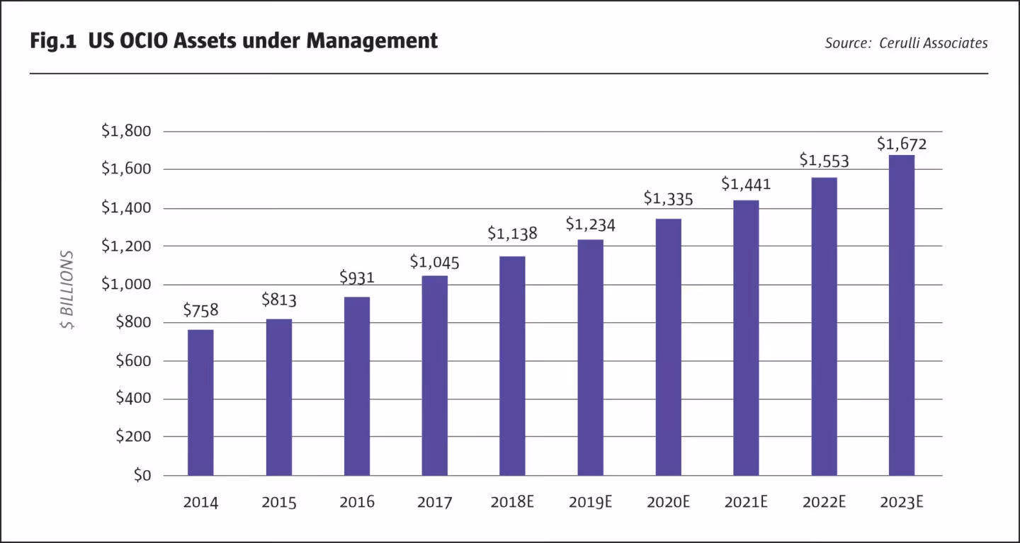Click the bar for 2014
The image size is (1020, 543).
(200, 402)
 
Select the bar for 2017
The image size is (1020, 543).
(434, 375)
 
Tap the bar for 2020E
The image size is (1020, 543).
(668, 347)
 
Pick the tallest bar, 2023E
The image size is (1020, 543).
(902, 315)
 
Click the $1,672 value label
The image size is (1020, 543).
(902, 144)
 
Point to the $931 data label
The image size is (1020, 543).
(356, 278)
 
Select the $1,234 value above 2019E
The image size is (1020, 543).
(590, 224)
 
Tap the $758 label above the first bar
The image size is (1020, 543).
(200, 310)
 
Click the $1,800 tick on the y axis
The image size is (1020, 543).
(126, 131)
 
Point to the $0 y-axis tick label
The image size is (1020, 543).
(142, 475)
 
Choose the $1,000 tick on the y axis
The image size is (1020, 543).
(126, 284)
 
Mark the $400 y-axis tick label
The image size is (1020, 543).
(132, 399)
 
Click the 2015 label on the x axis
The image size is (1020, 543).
(278, 503)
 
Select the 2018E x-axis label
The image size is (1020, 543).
(512, 503)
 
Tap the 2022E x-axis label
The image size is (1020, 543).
(824, 503)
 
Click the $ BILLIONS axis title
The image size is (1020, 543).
(67, 290)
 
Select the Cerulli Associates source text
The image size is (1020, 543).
(933, 43)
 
